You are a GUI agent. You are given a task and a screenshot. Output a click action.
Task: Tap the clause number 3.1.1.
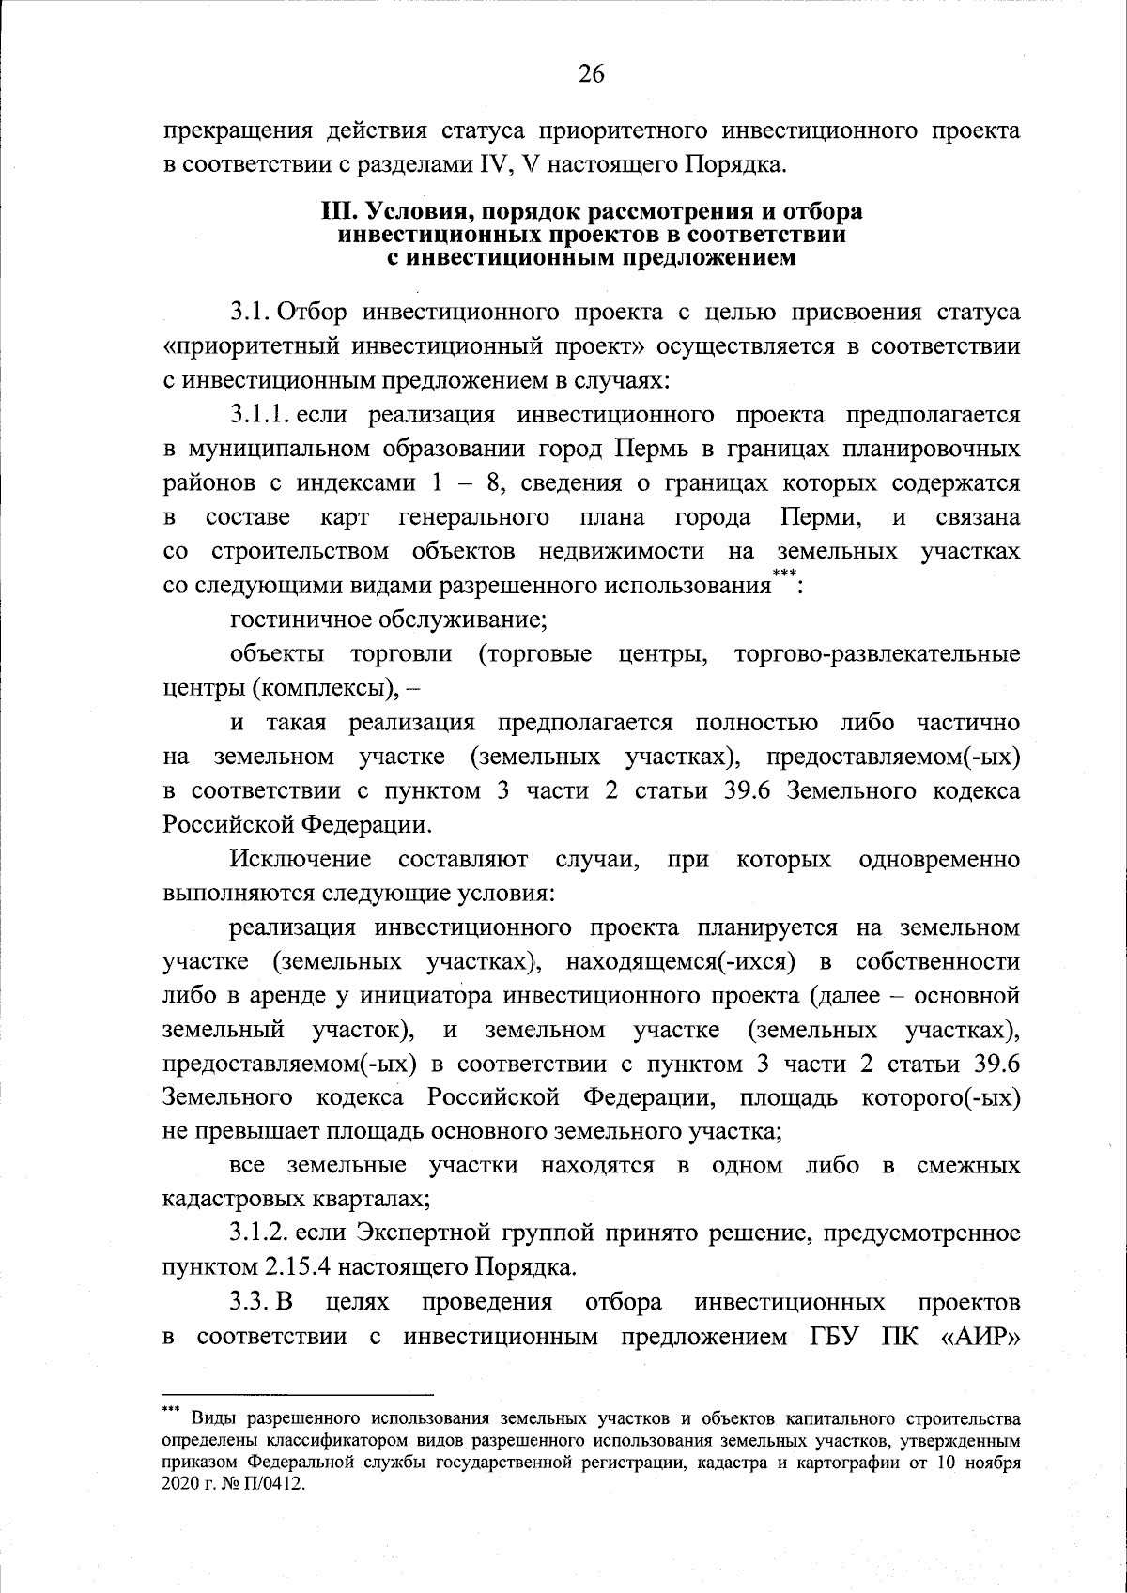pyautogui.click(x=264, y=416)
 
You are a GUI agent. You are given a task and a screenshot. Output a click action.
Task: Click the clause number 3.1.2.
pyautogui.click(x=264, y=1233)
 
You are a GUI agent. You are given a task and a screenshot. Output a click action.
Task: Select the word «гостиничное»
pyautogui.click(x=301, y=620)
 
